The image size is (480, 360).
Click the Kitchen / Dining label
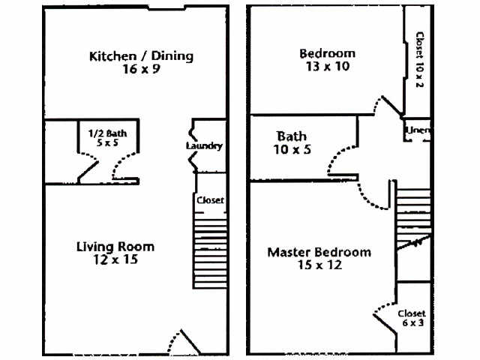click(x=141, y=56)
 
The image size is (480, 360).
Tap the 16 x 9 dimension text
click(x=141, y=69)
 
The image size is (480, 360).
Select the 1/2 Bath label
click(x=108, y=133)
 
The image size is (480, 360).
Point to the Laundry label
click(x=203, y=145)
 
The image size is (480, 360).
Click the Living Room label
click(x=115, y=247)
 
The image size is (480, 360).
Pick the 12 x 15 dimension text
click(x=116, y=260)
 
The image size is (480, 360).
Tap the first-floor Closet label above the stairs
click(x=210, y=200)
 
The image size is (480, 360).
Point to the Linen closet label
click(x=418, y=130)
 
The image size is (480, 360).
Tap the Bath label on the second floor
click(x=291, y=136)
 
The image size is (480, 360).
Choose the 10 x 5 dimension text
click(x=291, y=149)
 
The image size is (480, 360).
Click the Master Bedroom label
click(x=319, y=253)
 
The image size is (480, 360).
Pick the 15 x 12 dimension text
click(x=319, y=265)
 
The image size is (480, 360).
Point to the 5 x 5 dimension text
click(x=108, y=142)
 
